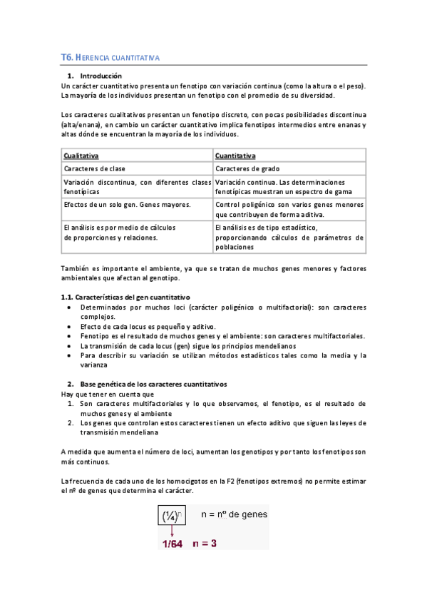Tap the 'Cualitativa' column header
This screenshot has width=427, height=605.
81,156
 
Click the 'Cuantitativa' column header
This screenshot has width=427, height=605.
235,156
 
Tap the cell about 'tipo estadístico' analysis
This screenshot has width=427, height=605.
289,237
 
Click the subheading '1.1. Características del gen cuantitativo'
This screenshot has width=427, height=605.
128,297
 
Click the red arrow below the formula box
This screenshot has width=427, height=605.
172,531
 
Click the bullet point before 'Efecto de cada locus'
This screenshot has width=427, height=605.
68,326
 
